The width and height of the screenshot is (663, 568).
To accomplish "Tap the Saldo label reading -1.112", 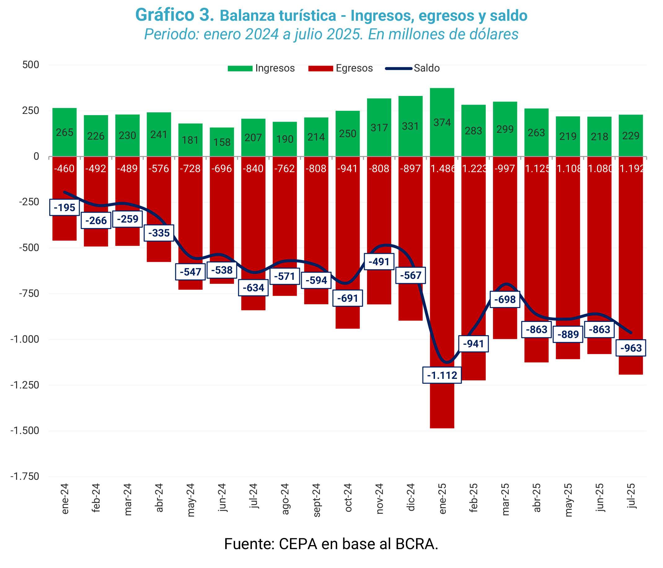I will click(x=442, y=375).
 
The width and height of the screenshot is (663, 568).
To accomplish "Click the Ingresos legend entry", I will click(x=261, y=68).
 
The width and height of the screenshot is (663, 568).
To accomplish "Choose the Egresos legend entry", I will click(x=341, y=68).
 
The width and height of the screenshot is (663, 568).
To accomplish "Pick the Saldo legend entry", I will click(x=413, y=68).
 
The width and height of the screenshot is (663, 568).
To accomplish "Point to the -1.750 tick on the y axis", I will click(x=25, y=477).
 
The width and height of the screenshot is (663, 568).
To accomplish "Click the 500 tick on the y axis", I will click(x=31, y=65).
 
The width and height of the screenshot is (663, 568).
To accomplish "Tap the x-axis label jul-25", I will click(x=631, y=496).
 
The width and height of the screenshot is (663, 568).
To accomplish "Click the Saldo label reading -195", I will click(x=64, y=207).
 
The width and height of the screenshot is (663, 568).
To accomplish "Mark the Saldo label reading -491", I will click(x=379, y=262).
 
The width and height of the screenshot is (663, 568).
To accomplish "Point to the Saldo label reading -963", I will click(x=631, y=348).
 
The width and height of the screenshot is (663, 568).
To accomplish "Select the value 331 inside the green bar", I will click(x=410, y=126).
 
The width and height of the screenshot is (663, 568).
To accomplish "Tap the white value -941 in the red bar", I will click(x=348, y=168).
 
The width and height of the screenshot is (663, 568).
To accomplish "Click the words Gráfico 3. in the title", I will click(x=175, y=15).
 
